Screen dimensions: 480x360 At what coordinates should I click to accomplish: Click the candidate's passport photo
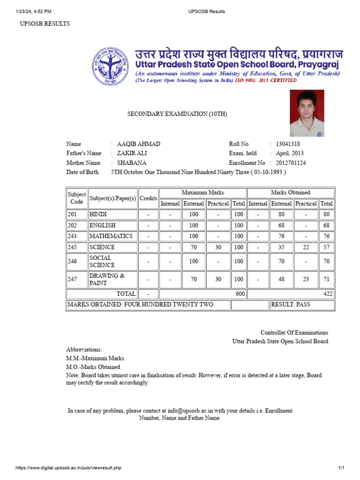[307, 113]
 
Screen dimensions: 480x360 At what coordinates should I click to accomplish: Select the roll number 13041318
[288, 144]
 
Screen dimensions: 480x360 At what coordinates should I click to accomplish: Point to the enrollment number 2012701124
[291, 163]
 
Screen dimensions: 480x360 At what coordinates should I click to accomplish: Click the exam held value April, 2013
[290, 154]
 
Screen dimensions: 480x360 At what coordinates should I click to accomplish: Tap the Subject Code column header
[77, 198]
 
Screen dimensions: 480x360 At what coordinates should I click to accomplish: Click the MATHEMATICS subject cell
[111, 236]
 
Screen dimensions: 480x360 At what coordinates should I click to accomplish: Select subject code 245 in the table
[72, 247]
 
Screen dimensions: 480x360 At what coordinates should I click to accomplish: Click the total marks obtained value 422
[328, 294]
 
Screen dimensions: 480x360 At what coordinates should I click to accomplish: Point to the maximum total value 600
[240, 294]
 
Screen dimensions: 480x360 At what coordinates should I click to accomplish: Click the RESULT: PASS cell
[290, 305]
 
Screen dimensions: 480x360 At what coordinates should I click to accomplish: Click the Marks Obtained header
[291, 193]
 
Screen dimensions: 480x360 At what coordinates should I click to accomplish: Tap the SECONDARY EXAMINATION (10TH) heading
[178, 114]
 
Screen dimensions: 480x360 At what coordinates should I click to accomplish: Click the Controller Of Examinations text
[294, 332]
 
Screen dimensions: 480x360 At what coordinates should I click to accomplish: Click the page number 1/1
[341, 468]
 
